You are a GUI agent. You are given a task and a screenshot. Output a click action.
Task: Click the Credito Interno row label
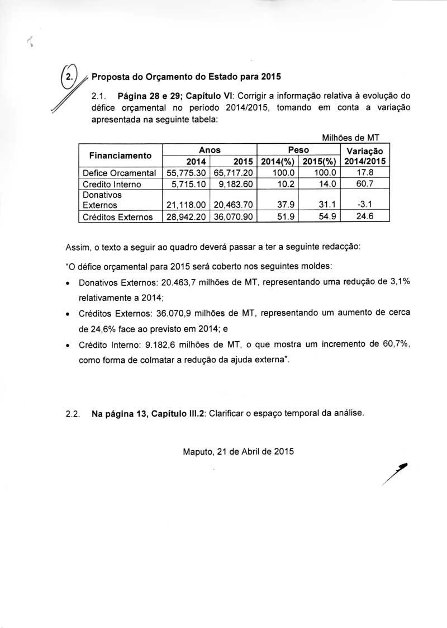pos(112,184)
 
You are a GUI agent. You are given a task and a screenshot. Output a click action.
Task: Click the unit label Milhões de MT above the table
pos(351,138)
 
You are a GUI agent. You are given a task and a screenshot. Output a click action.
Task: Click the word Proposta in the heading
pos(111,76)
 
